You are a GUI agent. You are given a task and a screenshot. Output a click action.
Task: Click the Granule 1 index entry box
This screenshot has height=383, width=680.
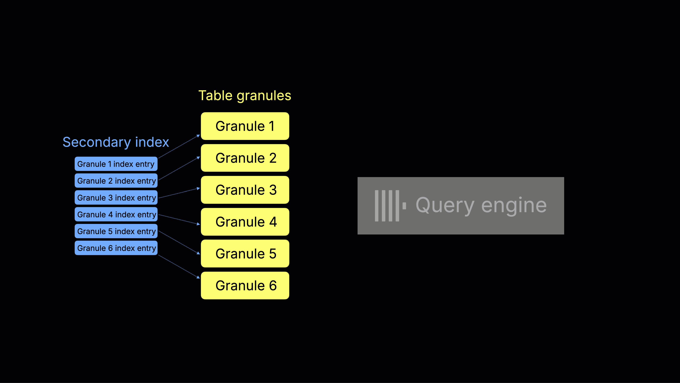116,164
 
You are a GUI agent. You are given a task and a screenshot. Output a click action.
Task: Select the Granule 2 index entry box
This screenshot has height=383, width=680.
116,181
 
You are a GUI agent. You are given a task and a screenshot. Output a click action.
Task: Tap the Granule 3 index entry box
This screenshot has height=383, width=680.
116,197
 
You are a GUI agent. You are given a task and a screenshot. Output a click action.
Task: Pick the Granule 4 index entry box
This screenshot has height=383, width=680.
116,214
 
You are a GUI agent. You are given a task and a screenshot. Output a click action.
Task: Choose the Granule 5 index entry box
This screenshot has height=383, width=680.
116,231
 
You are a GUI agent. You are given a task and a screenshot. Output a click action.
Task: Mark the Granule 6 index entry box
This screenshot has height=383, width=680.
116,248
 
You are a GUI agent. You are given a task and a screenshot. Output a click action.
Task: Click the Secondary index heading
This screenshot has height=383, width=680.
116,142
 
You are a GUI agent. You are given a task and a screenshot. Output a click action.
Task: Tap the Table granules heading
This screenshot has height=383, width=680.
244,96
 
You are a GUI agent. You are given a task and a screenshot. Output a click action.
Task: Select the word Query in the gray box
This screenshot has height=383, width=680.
445,206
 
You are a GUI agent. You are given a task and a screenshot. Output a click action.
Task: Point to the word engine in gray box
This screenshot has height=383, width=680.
514,206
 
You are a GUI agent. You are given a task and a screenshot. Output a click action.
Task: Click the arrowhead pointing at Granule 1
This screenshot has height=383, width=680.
198,136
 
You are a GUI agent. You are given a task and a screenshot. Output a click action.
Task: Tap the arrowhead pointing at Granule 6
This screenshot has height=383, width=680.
198,277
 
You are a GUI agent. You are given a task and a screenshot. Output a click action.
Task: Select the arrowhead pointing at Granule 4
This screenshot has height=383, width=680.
198,224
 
